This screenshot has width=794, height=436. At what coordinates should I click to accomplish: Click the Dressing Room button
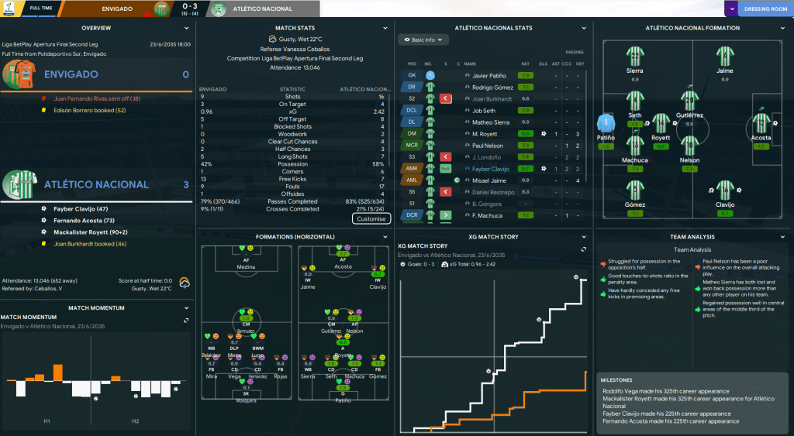(765, 9)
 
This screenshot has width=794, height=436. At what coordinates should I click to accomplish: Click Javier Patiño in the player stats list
(489, 75)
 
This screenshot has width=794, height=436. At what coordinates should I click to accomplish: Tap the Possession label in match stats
(292, 164)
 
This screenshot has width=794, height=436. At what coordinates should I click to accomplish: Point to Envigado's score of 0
(185, 74)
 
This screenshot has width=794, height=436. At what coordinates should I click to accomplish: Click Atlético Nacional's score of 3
(185, 184)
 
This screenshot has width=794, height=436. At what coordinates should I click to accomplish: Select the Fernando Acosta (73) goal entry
(84, 221)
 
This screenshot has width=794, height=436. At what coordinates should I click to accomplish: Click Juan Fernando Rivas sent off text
(91, 98)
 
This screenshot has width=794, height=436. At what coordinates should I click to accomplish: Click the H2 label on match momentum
(136, 421)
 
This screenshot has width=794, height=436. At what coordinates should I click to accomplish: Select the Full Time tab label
(41, 9)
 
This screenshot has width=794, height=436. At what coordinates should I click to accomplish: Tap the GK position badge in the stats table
(412, 75)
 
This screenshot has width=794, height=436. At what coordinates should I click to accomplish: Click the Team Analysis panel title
(692, 236)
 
